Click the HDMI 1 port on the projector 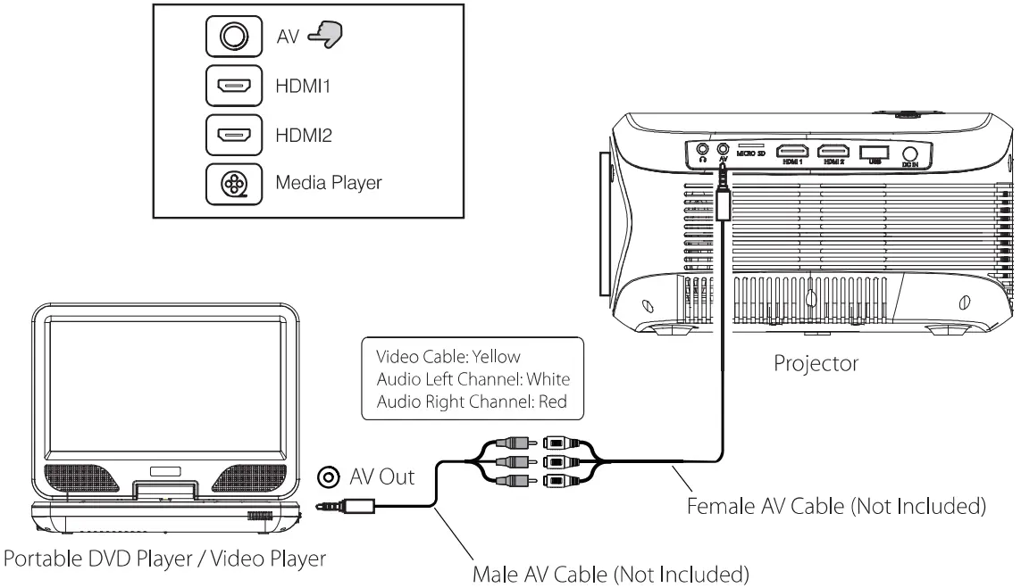click(x=792, y=152)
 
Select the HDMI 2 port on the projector click(x=834, y=152)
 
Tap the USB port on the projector click(x=875, y=152)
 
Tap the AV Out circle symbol click(x=331, y=477)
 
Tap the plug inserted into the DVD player click(x=356, y=506)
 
